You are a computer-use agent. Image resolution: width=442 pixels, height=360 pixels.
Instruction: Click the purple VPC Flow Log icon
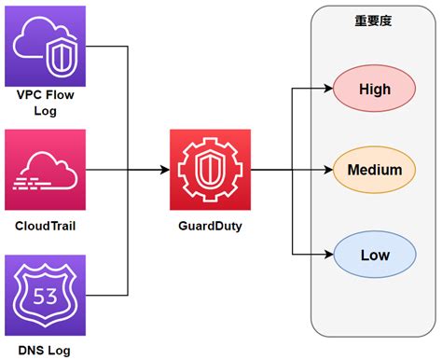click(46, 46)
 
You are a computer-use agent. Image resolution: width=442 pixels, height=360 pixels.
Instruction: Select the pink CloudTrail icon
click(46, 171)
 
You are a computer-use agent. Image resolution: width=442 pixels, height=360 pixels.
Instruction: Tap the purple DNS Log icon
click(46, 295)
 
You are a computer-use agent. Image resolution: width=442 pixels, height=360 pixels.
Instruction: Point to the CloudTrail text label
click(46, 226)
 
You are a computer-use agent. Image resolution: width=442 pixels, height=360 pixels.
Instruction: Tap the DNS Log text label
click(46, 350)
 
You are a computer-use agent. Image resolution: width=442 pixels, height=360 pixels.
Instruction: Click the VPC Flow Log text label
click(46, 103)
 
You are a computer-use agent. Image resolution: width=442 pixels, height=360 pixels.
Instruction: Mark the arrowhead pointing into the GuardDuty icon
click(164, 171)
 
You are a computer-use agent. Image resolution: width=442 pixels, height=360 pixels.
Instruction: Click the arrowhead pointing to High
click(328, 90)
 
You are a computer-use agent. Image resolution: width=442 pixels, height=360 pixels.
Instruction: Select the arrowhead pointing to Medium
click(328, 171)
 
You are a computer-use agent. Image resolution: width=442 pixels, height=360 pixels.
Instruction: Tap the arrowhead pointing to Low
click(328, 254)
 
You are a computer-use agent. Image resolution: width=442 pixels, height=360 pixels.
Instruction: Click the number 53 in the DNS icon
click(46, 298)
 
